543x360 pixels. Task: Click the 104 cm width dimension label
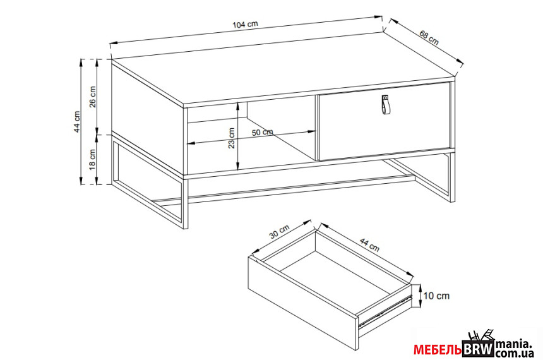(x=245, y=24)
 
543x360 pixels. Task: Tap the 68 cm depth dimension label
(x=429, y=38)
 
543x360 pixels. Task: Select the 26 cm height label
(x=93, y=97)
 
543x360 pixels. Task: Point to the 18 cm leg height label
(x=93, y=159)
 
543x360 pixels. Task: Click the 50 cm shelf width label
(x=262, y=132)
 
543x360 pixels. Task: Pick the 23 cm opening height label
(x=231, y=138)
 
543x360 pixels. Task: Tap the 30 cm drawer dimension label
(x=279, y=232)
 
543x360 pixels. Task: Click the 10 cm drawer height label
(x=436, y=296)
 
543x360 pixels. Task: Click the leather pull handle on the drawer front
(x=385, y=104)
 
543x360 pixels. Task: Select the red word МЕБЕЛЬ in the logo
(x=438, y=351)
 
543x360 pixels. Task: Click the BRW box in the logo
(x=479, y=349)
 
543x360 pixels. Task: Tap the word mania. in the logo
(x=513, y=344)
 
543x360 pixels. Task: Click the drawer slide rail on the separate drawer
(x=385, y=311)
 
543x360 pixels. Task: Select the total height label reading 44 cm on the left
(x=77, y=122)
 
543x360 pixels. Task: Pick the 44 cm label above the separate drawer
(x=369, y=244)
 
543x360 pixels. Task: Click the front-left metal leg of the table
(x=185, y=203)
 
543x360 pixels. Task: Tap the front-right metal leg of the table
(x=452, y=176)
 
